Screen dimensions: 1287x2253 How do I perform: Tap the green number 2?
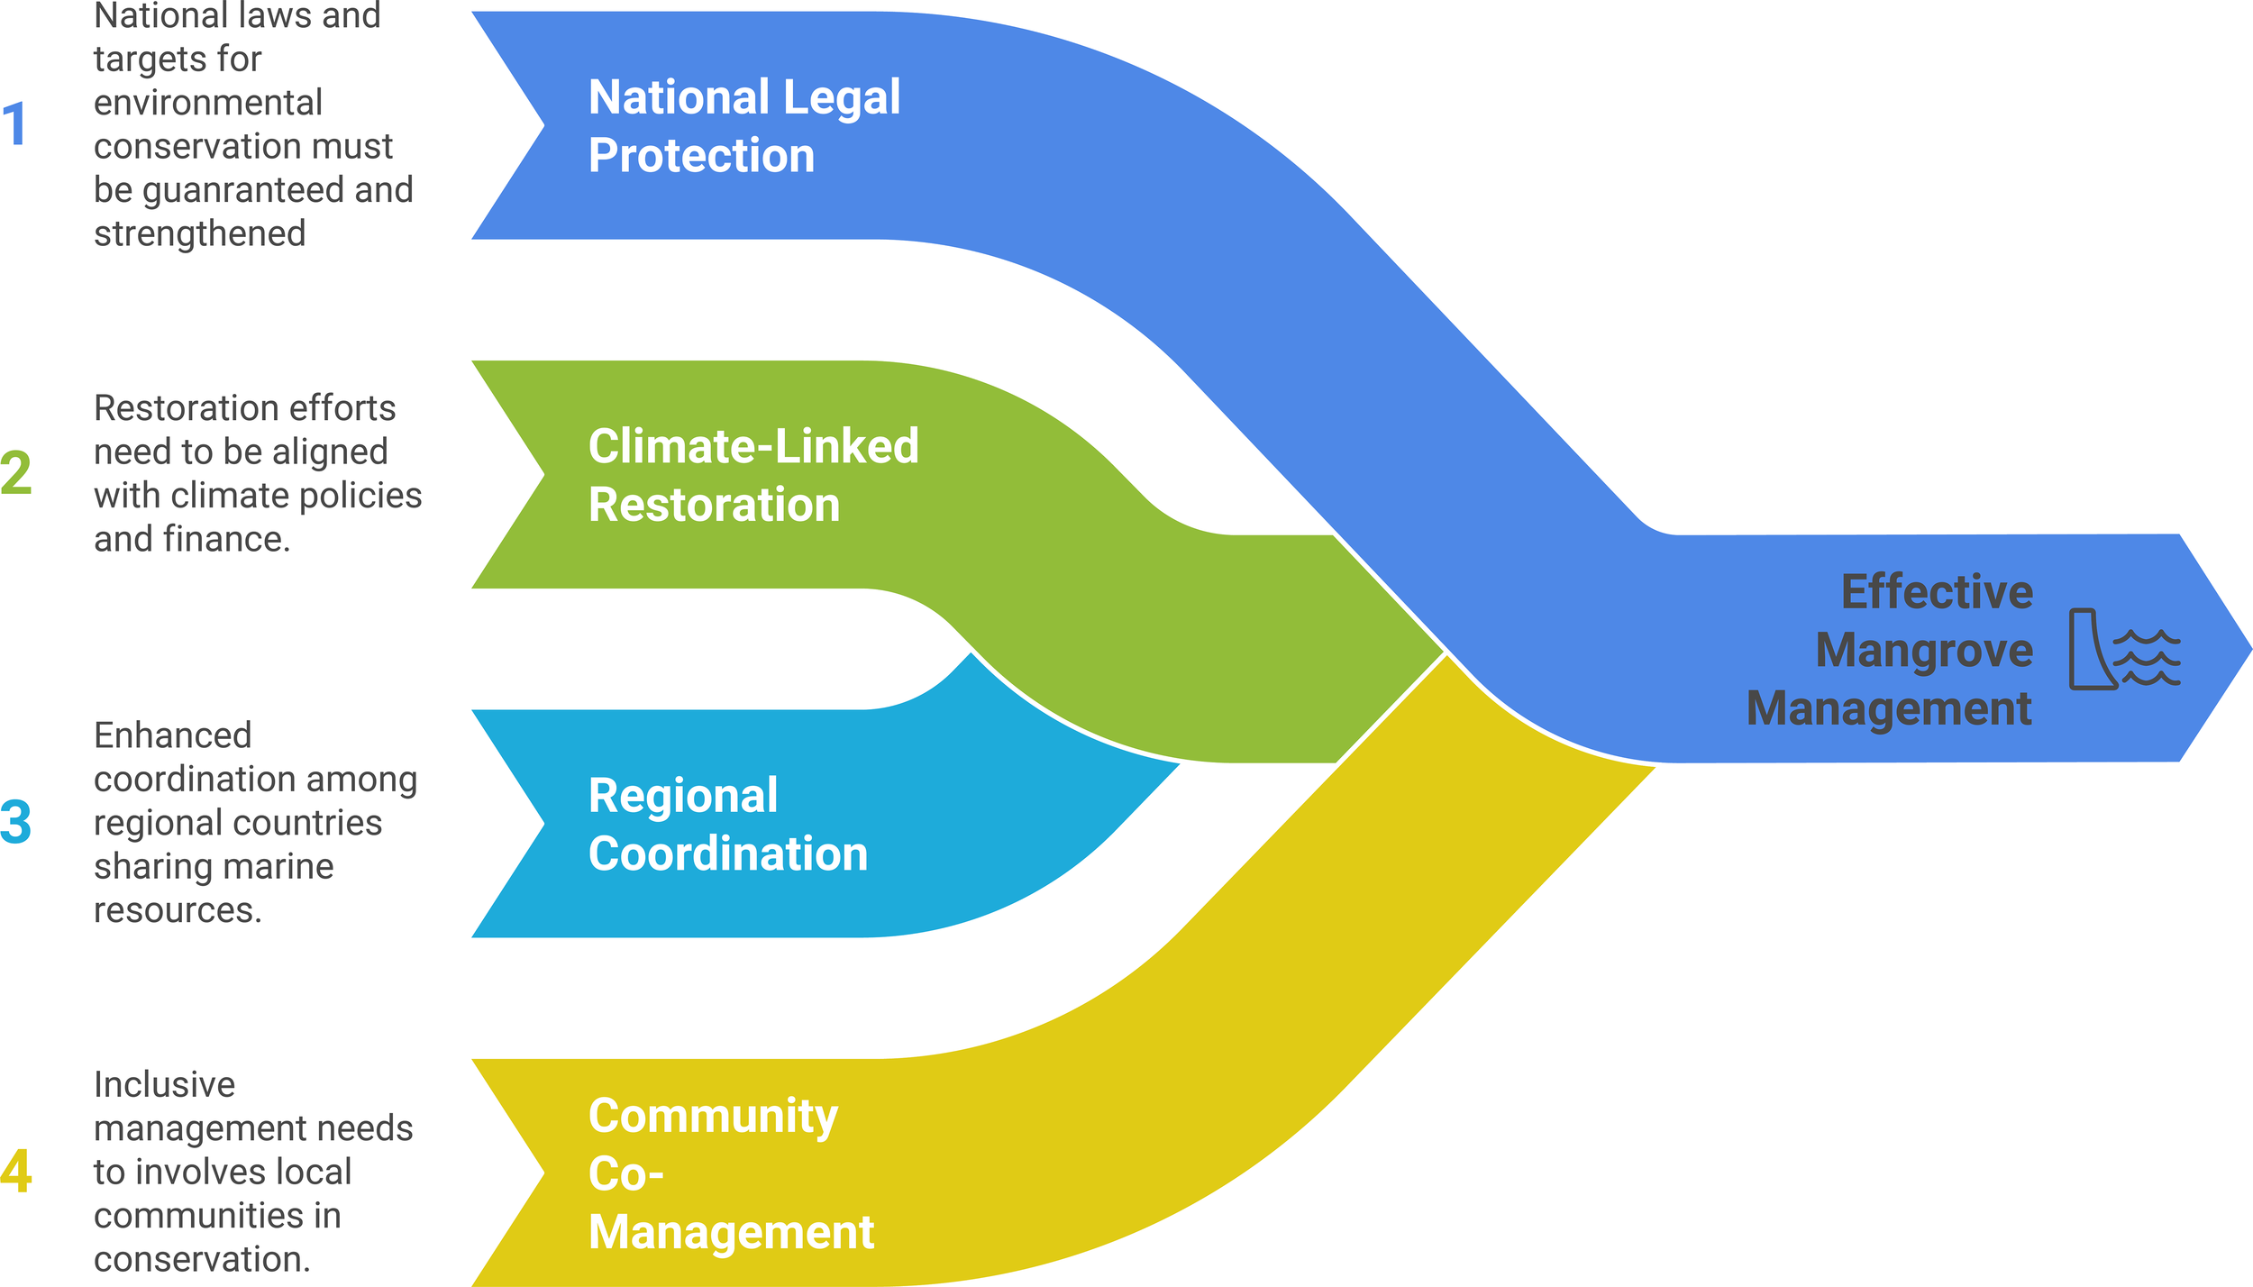coord(16,473)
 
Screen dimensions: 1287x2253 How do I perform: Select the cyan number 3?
coord(16,822)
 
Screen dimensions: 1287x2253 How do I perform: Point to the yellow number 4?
coord(16,1171)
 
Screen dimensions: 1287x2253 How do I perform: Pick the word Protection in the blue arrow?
coord(701,155)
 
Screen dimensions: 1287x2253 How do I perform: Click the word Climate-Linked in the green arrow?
coord(753,446)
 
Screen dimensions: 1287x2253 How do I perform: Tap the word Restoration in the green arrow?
coord(714,504)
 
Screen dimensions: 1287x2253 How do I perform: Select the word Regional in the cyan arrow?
coord(683,795)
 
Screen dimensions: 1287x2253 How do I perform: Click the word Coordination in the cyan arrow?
coord(728,853)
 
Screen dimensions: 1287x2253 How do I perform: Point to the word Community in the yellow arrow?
coord(713,1116)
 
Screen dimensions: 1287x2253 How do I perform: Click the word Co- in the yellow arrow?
coord(625,1173)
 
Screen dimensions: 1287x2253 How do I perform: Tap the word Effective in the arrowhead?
coord(1937,592)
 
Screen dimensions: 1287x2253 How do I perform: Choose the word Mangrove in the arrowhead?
coord(1924,651)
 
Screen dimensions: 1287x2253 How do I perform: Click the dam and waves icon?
coord(2123,649)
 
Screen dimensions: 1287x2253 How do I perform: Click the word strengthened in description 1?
coord(200,233)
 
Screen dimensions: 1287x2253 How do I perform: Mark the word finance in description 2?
coord(225,539)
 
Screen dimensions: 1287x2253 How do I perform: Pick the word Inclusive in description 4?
coord(164,1084)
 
